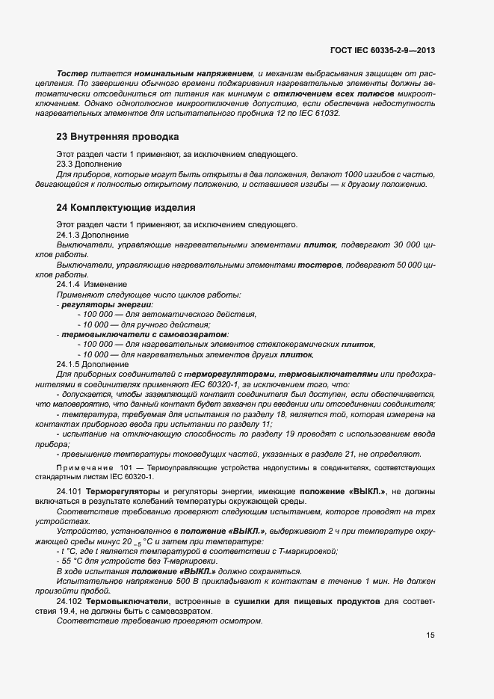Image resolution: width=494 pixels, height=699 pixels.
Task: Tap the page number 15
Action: (430, 635)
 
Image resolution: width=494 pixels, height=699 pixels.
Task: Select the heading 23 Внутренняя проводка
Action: (117, 138)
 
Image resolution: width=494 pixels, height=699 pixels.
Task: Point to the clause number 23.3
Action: (66, 164)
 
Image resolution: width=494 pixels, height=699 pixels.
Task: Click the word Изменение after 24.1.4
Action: (105, 285)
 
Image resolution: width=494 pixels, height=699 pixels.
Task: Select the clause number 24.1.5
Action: (69, 364)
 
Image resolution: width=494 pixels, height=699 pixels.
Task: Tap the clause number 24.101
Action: (70, 490)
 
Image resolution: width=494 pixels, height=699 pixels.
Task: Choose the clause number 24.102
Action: (70, 601)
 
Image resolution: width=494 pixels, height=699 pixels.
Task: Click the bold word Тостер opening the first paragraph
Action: (71, 75)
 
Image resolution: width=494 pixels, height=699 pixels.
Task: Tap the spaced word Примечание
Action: (81, 467)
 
